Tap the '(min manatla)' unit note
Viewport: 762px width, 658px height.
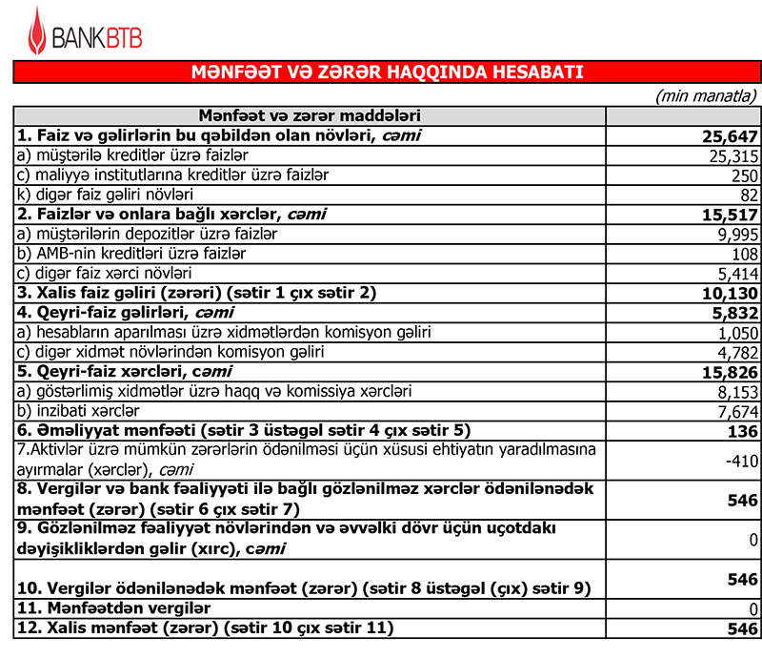point(706,95)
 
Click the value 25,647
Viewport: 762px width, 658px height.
point(730,136)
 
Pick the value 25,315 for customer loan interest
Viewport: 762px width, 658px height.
point(732,156)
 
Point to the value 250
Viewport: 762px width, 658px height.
point(743,176)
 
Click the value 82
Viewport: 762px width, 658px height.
point(748,195)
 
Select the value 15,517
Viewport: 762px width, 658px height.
point(730,215)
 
